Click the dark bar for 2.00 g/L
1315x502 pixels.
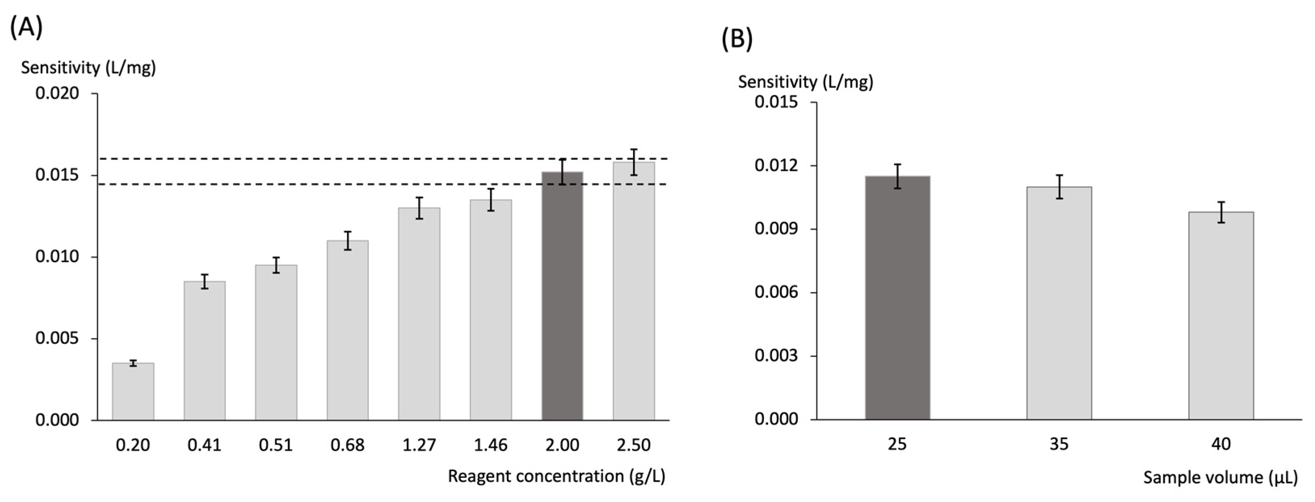562,296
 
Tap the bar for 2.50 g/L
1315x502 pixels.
633,291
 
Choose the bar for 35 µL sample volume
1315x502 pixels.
1059,303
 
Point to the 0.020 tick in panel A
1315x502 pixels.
57,93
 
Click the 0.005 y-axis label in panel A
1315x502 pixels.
57,338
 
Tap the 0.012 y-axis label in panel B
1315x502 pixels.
776,166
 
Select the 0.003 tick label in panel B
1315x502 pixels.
776,356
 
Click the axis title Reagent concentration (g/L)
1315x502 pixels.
556,476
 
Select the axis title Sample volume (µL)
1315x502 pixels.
1220,477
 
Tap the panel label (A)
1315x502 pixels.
26,27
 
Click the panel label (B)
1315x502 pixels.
736,39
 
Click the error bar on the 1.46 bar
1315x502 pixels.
490,199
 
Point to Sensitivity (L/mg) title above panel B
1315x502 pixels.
805,82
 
